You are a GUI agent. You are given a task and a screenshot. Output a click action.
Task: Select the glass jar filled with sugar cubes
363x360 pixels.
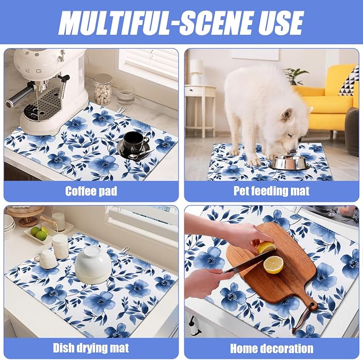103,89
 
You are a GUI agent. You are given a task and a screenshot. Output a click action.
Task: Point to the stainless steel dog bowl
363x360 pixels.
289,162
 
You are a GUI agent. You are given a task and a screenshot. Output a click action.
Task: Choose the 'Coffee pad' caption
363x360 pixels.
91,191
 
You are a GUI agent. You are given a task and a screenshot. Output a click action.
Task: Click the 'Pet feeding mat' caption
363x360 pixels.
272,191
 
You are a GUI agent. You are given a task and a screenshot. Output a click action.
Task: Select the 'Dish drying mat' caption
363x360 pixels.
91,348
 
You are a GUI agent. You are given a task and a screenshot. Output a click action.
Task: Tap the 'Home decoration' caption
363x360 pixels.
272,348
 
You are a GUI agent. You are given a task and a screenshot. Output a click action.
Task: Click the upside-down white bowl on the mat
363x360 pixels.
93,264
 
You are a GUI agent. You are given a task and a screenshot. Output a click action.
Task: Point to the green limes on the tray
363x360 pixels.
40,233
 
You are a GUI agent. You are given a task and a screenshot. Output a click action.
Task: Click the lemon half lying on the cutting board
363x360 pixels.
273,265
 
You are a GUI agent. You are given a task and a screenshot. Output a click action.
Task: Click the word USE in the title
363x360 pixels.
281,22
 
